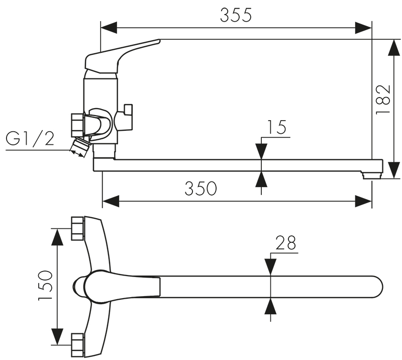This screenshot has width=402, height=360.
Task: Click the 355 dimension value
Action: click(x=236, y=15)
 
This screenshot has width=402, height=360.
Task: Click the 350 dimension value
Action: click(x=200, y=189)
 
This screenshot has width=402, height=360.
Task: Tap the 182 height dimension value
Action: click(x=383, y=99)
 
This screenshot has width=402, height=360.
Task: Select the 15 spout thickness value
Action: click(x=276, y=127)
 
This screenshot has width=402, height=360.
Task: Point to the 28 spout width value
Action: click(x=285, y=243)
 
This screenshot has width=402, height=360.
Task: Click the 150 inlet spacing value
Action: click(x=45, y=285)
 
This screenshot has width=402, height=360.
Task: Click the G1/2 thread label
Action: click(x=30, y=139)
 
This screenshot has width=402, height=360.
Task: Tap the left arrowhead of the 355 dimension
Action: click(x=109, y=28)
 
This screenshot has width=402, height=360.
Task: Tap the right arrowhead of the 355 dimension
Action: click(x=363, y=28)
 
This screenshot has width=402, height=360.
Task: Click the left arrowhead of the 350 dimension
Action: click(x=111, y=201)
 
